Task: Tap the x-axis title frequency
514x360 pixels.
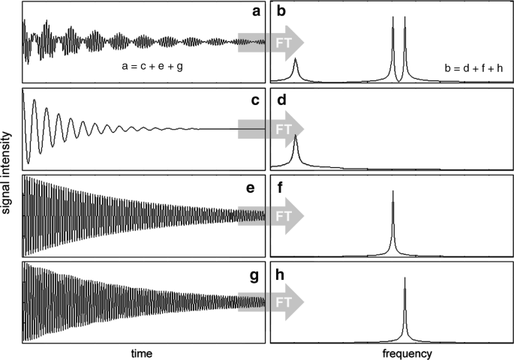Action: [389, 351]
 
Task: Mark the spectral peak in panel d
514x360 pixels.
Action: [296, 139]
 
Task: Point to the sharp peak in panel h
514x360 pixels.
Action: [405, 281]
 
